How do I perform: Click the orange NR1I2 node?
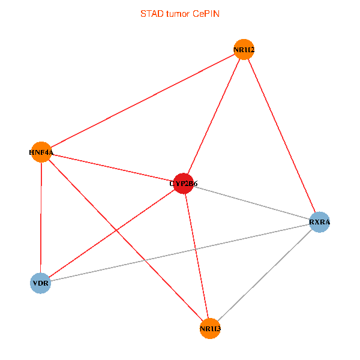coord(244,50)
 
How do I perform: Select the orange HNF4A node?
coord(41,152)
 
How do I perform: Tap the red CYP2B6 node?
coord(184,184)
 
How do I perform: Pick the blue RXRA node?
coord(320,222)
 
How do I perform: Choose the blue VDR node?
coord(40,283)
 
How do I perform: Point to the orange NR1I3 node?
coord(210,329)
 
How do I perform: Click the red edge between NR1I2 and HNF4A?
coord(142,101)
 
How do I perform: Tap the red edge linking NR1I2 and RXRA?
coord(282,136)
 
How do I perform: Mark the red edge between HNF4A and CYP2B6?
coord(112,167)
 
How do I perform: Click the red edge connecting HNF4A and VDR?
coord(40,217)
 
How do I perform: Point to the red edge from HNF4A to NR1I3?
coord(125,240)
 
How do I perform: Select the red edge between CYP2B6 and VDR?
coord(112,233)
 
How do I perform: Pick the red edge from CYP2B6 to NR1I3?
coord(197,256)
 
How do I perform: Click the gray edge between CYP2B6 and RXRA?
coord(252,203)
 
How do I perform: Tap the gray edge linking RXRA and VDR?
coord(180,252)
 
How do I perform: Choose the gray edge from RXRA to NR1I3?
coord(265,275)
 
